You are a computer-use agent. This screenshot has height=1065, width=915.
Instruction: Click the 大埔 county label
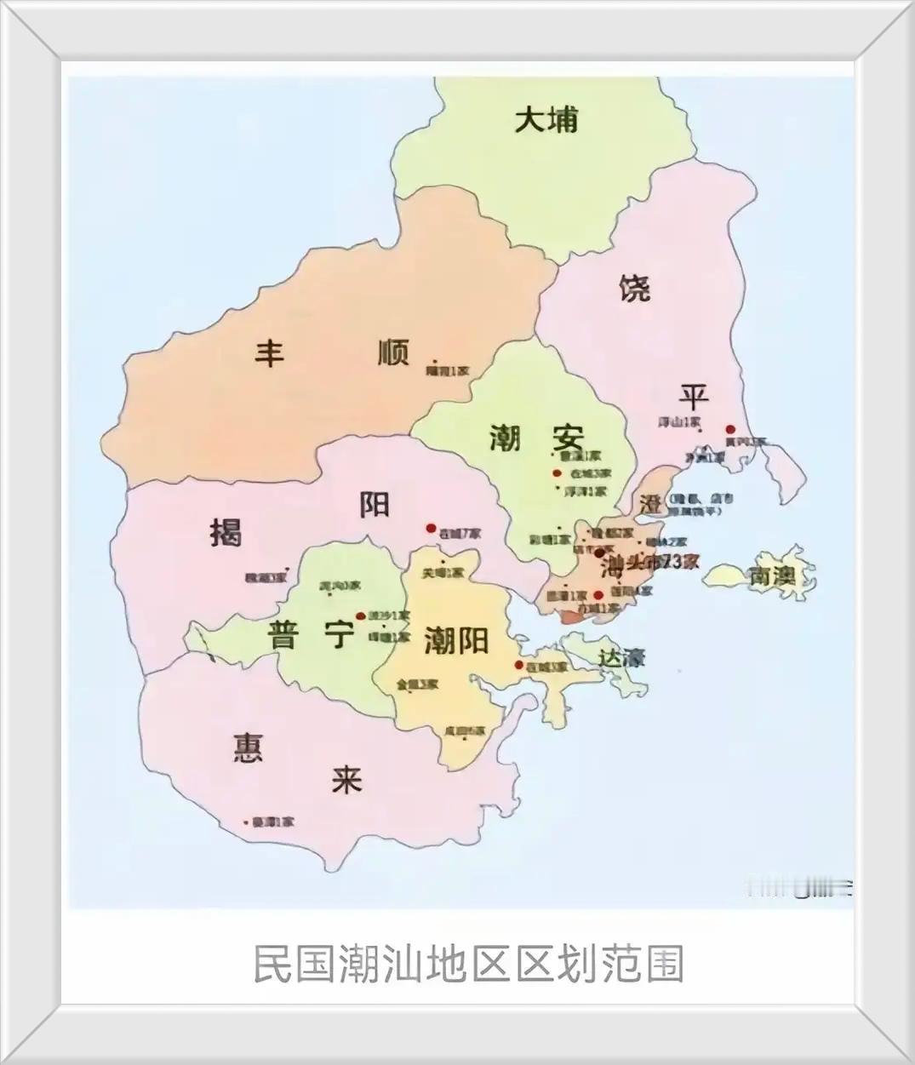(x=546, y=119)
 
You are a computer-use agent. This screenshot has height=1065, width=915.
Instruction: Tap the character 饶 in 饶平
(x=635, y=289)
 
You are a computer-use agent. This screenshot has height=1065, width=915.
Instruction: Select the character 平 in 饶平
(x=694, y=396)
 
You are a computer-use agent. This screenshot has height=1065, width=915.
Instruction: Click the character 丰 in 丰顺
(x=270, y=352)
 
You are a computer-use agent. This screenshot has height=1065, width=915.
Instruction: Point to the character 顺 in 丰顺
(x=393, y=352)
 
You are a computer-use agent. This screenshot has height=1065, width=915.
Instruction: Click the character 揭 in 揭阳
(x=226, y=533)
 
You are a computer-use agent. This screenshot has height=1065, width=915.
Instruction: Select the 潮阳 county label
(x=455, y=640)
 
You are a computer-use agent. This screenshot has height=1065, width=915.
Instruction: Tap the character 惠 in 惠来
(x=248, y=747)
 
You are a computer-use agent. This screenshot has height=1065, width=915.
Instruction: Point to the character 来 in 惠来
(x=346, y=779)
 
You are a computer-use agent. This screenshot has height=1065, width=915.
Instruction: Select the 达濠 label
(x=622, y=657)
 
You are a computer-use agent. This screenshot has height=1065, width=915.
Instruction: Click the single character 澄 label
(x=651, y=504)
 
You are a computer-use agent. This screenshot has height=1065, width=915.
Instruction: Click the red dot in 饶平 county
(x=729, y=430)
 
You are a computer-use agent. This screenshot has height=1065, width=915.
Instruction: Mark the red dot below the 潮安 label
(x=557, y=473)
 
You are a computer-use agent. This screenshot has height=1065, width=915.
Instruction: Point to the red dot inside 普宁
(x=360, y=615)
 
